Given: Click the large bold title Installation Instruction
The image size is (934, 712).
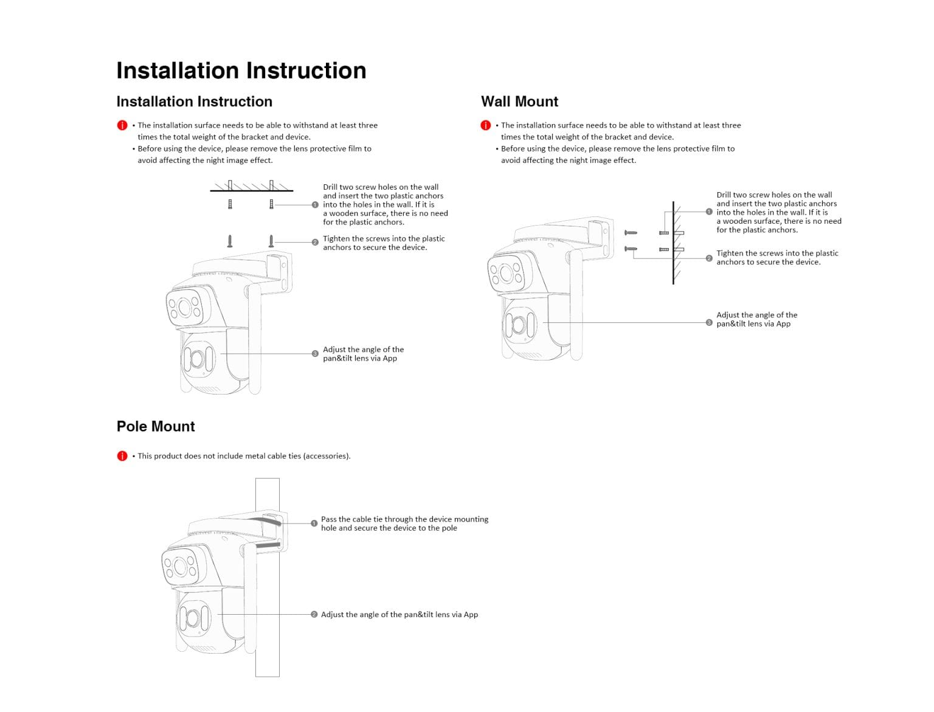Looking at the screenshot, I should [x=241, y=71].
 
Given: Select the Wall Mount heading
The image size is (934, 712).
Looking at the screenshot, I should [x=519, y=102].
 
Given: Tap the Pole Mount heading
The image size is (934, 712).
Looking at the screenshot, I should [x=156, y=426].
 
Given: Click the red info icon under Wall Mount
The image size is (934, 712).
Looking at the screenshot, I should [x=485, y=125].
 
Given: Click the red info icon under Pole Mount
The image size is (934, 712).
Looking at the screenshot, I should [x=122, y=456].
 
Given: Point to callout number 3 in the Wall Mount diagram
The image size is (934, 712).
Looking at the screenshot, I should [x=709, y=322].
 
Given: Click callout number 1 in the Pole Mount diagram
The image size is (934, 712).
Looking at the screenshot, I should [x=314, y=523].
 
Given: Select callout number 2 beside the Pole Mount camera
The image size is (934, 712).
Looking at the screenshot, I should [x=314, y=615].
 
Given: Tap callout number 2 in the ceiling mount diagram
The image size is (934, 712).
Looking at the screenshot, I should [x=315, y=242].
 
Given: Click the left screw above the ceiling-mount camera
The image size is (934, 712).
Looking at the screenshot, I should [x=230, y=241].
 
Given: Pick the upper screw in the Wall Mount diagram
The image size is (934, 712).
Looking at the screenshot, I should [x=631, y=232].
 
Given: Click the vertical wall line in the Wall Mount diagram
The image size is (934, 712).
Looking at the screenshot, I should [x=673, y=268].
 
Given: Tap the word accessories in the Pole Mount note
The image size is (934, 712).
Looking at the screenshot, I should [x=326, y=456].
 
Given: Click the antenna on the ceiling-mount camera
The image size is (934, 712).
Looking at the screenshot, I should [x=255, y=340].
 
